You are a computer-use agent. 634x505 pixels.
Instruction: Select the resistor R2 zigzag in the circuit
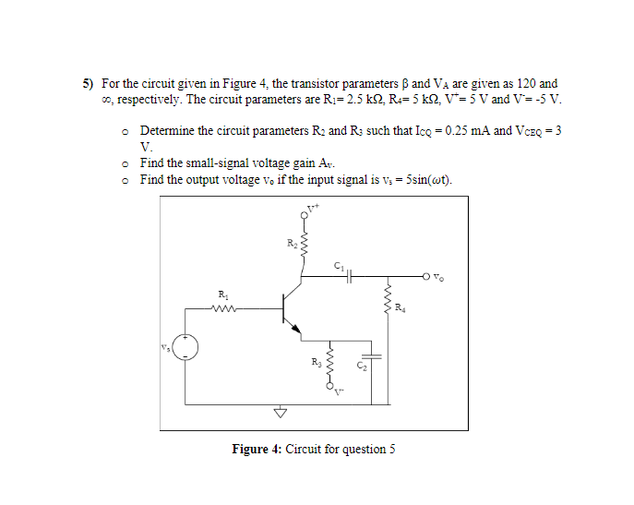[x=304, y=247]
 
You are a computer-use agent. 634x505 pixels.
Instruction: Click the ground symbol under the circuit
[x=274, y=413]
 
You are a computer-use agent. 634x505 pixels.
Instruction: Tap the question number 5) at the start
[x=90, y=83]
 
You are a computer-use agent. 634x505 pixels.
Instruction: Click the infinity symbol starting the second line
[x=107, y=99]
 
